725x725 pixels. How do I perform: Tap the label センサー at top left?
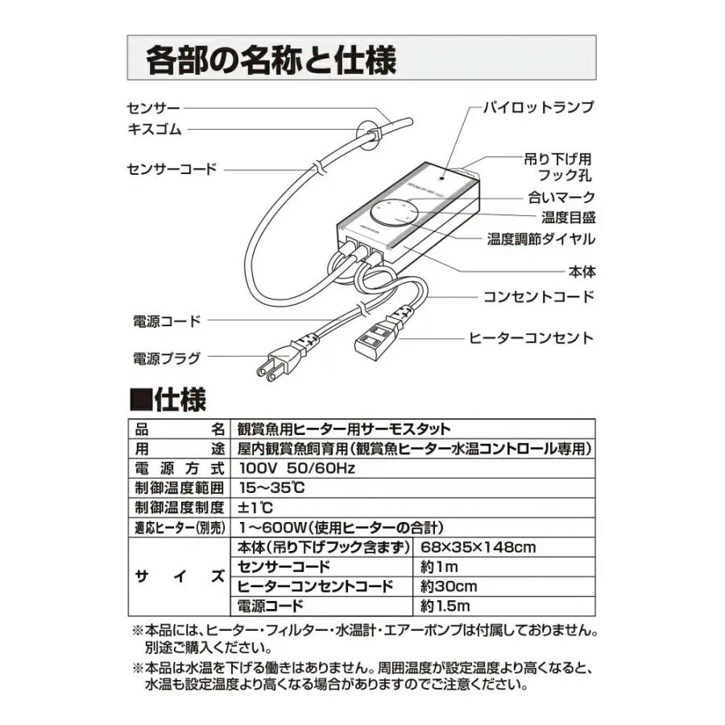(x=153, y=107)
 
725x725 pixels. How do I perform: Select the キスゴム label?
(x=154, y=129)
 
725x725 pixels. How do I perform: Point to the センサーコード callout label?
(x=172, y=169)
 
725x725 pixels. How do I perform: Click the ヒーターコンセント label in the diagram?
(x=531, y=338)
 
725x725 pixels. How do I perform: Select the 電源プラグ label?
(x=165, y=358)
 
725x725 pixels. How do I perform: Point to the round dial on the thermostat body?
(x=395, y=213)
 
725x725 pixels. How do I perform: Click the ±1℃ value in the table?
(x=257, y=508)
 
